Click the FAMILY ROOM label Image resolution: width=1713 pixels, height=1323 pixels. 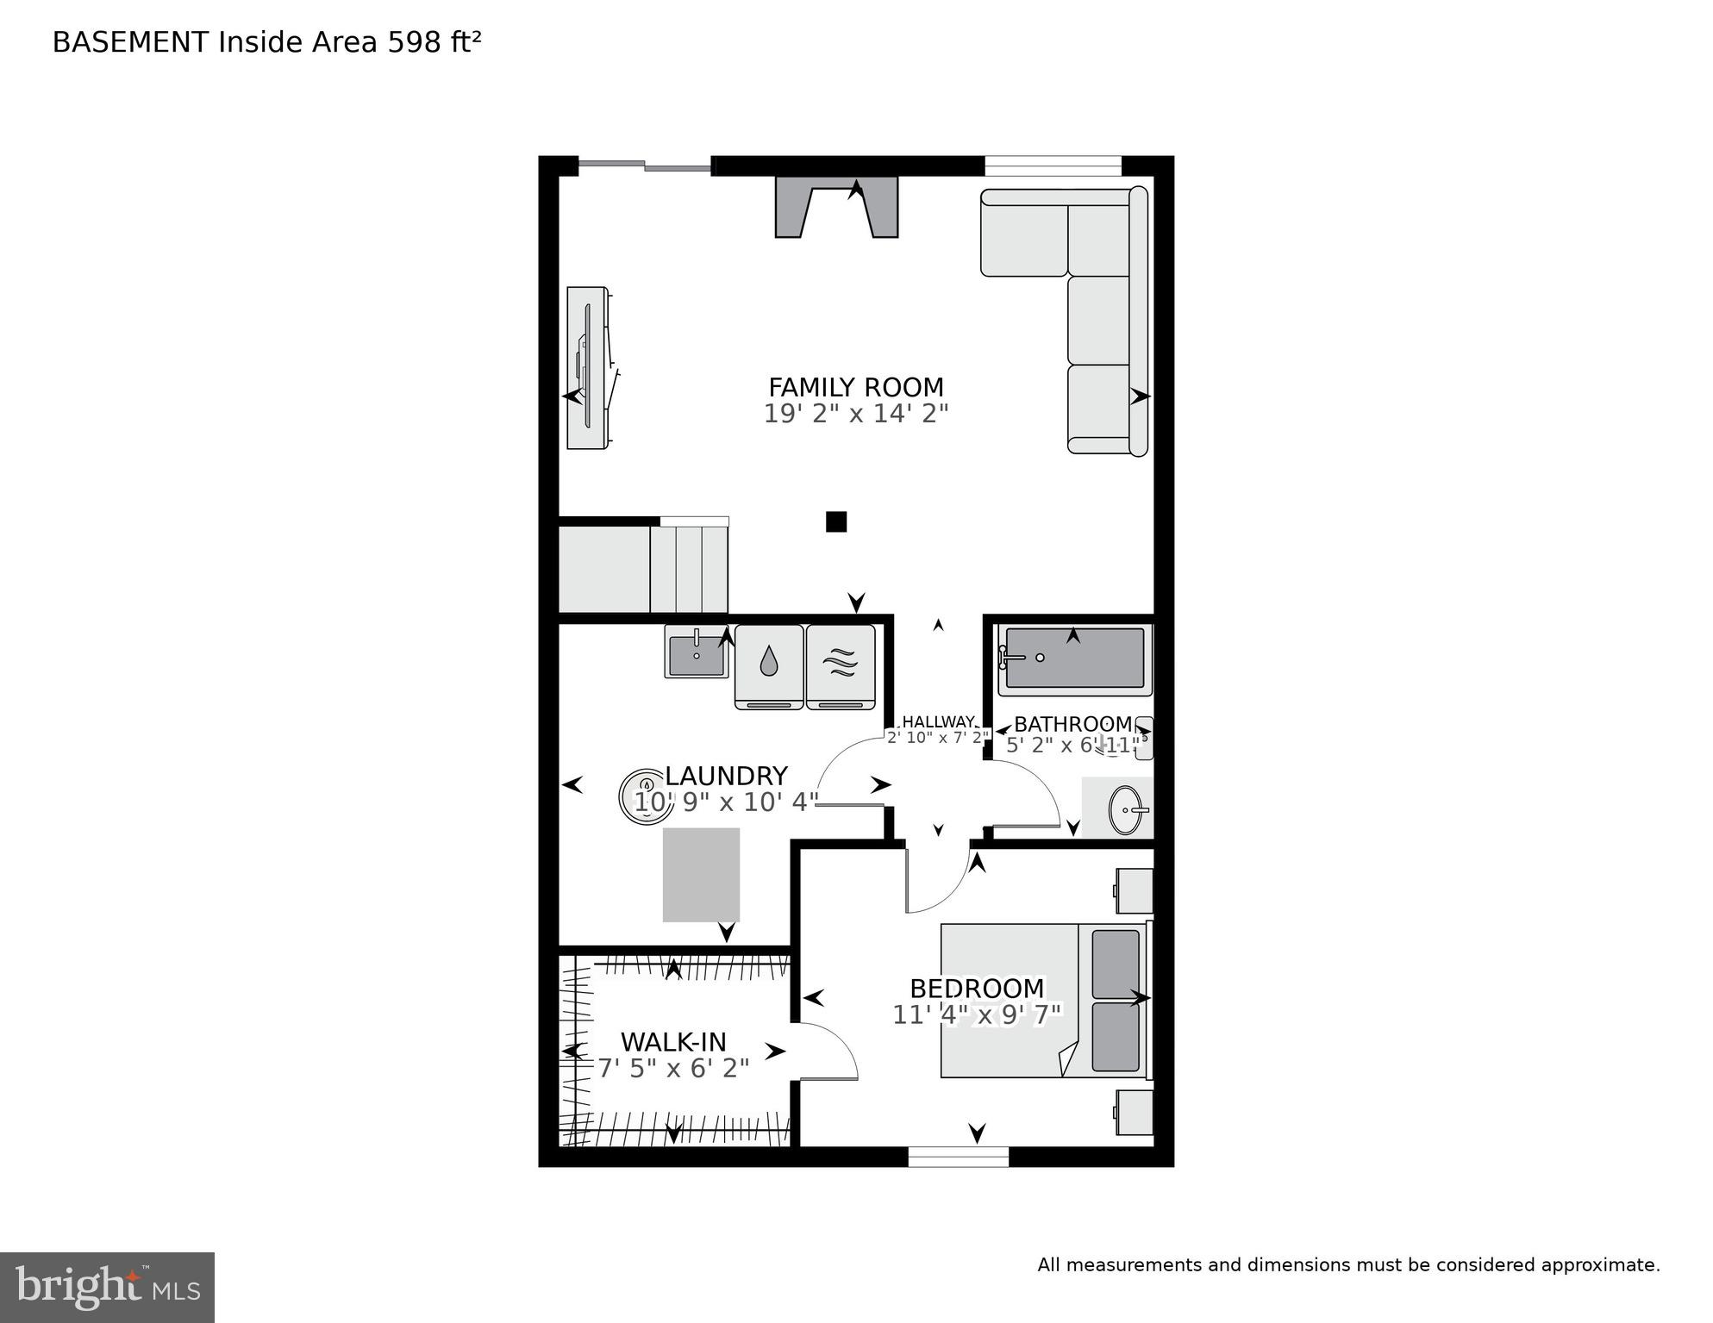[855, 387]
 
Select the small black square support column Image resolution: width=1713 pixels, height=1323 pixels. [835, 521]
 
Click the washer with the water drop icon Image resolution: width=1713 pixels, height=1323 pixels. [768, 665]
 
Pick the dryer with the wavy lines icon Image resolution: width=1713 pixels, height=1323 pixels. [841, 665]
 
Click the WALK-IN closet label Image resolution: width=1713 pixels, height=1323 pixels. [673, 1042]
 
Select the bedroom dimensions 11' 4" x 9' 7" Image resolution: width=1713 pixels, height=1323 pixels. [977, 1015]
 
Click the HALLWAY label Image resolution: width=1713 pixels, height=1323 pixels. [938, 722]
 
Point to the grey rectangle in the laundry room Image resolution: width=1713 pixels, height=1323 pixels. [701, 875]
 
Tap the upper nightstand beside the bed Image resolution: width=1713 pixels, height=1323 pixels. [1135, 891]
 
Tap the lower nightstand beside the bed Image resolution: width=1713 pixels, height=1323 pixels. [1135, 1113]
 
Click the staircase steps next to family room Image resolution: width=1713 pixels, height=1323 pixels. [688, 569]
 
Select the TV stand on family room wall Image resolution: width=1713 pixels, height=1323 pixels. [587, 368]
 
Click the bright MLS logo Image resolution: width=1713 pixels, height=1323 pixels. [107, 1288]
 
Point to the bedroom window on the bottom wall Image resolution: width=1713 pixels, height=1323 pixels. [958, 1157]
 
